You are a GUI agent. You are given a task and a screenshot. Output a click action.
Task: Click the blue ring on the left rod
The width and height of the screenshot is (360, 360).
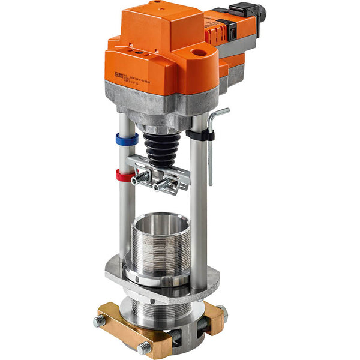coord(127,139)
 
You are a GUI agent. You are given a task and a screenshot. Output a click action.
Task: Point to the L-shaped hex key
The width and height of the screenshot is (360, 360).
coord(212,150)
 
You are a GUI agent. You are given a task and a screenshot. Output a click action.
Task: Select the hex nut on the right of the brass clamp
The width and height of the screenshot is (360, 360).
coord(223,313)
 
